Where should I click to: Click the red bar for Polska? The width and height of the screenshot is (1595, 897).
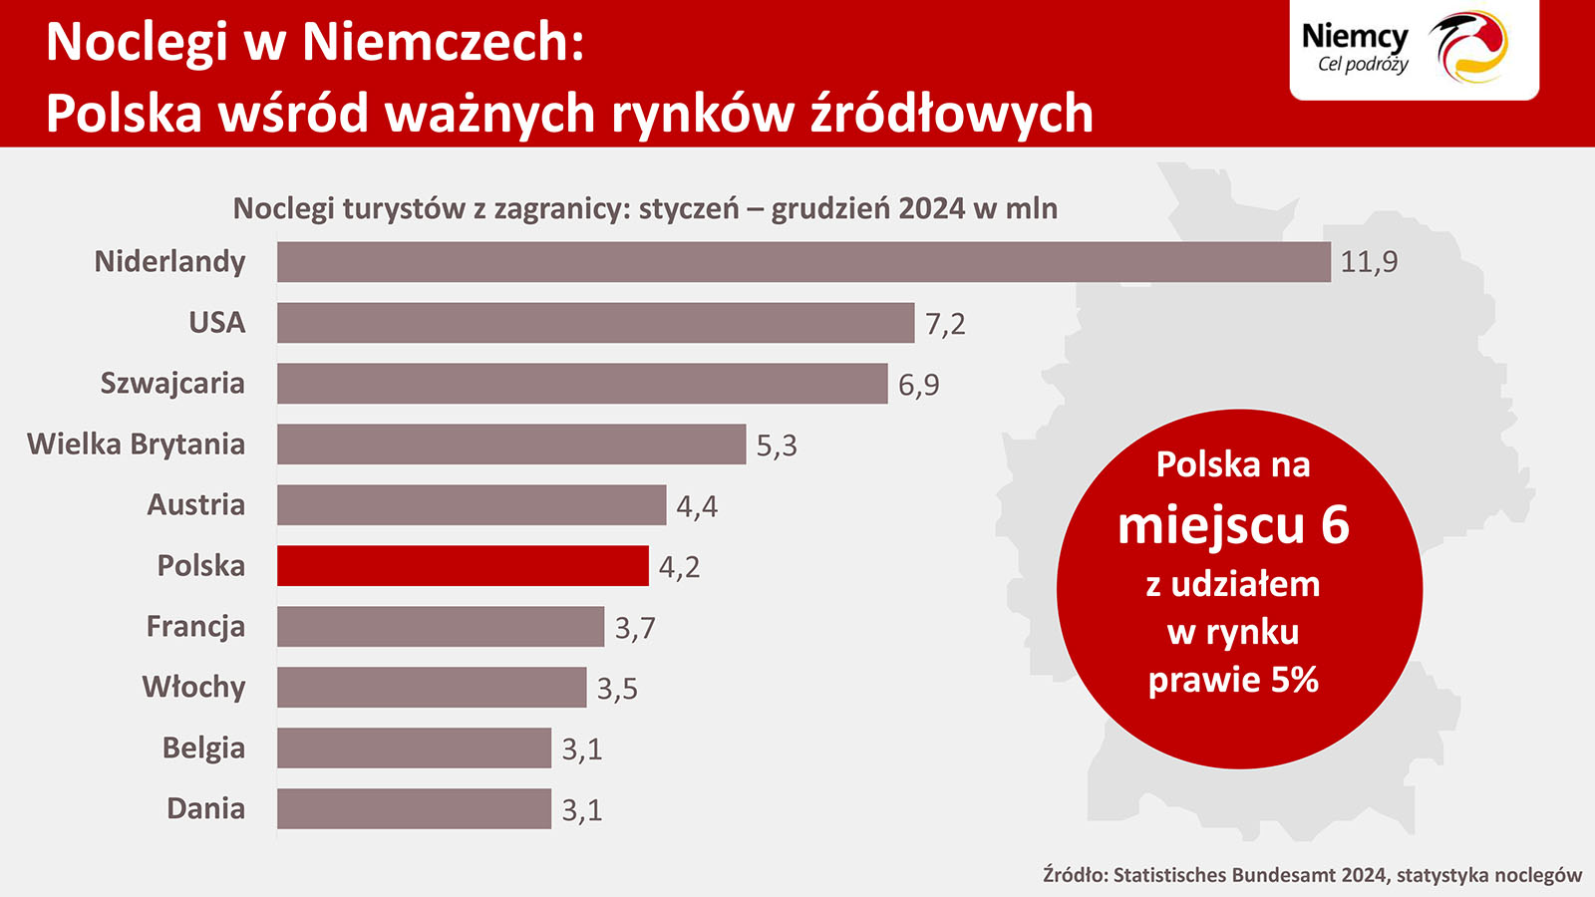[463, 566]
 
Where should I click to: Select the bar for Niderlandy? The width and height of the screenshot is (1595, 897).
[803, 262]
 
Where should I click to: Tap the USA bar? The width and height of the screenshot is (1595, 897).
[595, 323]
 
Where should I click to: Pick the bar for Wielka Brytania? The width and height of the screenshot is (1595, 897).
[511, 445]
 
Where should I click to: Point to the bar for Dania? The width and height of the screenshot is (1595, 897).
[414, 809]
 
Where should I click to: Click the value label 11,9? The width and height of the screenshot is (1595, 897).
[1369, 262]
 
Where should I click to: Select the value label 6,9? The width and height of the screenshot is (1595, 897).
[918, 385]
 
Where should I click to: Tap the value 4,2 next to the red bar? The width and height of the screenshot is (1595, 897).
[679, 567]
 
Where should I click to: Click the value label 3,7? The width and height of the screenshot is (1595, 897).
[635, 628]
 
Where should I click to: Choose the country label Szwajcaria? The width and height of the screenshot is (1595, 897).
[172, 384]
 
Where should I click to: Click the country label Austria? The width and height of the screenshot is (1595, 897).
[196, 505]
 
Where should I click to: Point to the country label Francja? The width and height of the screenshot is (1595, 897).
[195, 627]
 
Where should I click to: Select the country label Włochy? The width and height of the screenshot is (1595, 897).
[193, 688]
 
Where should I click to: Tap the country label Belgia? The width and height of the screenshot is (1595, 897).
[203, 748]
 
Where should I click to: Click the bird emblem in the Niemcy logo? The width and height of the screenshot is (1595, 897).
[1470, 47]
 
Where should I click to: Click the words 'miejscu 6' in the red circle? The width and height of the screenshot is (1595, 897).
[1233, 525]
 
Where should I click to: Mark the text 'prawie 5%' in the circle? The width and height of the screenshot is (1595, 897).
[1233, 680]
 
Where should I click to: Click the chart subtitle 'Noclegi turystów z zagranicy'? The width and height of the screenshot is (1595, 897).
[431, 208]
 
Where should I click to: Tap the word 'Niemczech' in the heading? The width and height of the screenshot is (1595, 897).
[443, 42]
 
